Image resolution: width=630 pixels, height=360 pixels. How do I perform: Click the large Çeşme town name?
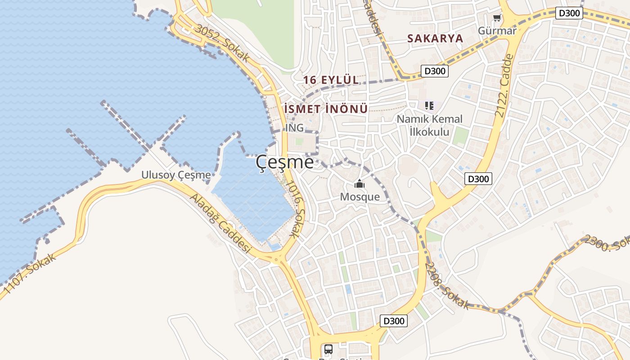pos(285,162)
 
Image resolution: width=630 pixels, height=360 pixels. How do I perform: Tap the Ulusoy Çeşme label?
pos(176,175)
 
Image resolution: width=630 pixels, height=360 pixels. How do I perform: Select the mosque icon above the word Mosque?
pos(359,184)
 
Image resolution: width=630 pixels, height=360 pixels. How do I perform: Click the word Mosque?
pos(360,197)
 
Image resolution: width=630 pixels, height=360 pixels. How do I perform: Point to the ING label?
pos(295,128)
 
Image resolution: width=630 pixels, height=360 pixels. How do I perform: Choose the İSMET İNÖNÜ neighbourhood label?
pos(326,109)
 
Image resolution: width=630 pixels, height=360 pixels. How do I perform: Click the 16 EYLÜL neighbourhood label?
pos(331,80)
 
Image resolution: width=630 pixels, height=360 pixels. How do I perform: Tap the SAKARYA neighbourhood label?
pos(435,38)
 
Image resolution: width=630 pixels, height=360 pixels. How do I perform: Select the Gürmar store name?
pos(497,31)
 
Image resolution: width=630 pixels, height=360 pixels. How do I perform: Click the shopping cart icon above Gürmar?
pos(497,18)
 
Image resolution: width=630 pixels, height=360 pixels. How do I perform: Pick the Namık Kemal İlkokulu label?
pos(429,125)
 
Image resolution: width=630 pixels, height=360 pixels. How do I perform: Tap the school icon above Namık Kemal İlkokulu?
pos(429,106)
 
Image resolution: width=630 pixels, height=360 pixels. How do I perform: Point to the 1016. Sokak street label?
pos(295,209)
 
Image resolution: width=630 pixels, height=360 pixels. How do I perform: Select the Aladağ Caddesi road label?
pos(220,223)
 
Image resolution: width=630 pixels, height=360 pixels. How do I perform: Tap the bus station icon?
pos(328,349)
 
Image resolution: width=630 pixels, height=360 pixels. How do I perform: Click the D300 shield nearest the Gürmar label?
pos(569,13)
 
